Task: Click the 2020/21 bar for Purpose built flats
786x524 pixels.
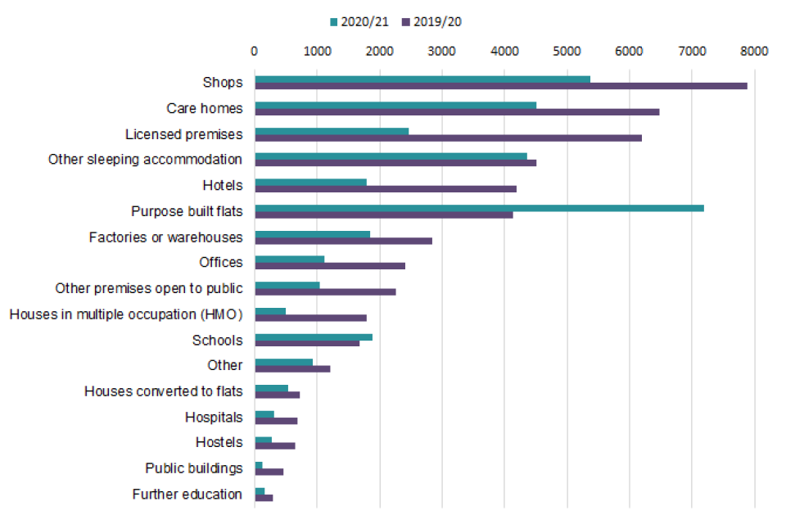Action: point(479,208)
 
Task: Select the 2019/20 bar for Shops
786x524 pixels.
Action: point(500,86)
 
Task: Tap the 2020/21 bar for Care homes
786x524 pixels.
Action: point(395,105)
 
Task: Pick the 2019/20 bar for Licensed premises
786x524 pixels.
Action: point(448,138)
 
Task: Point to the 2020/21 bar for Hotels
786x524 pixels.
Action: point(310,182)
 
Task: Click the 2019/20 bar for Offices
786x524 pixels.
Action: point(330,265)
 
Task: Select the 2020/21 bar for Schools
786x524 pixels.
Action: point(314,337)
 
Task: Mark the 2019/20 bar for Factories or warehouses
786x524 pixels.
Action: point(343,241)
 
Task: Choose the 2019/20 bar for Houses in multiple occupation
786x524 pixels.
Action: point(310,318)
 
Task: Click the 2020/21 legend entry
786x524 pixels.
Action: point(360,22)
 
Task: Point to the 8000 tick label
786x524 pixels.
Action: point(754,51)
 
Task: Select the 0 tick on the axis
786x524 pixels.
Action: point(255,51)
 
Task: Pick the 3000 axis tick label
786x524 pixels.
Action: point(442,51)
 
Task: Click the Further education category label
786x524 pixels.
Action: point(187,494)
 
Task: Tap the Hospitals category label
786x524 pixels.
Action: point(214,417)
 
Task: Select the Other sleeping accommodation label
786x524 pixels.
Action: point(146,159)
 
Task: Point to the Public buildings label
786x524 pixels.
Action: point(194,468)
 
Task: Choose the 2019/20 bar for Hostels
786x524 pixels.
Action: point(275,446)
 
